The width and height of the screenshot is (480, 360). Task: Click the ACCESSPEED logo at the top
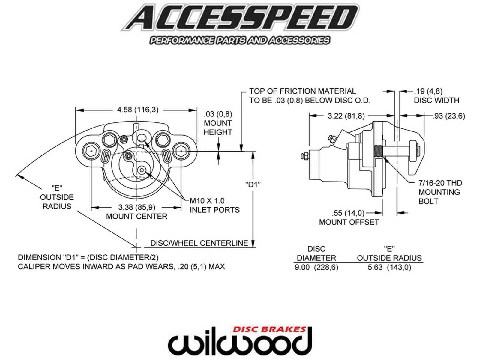(x=240, y=19)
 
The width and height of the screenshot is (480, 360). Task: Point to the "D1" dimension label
(x=253, y=184)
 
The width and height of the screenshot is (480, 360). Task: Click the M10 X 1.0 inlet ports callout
(x=214, y=205)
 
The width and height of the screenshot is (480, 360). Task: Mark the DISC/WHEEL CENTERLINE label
(x=199, y=243)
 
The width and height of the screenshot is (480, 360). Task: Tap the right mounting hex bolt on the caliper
(x=181, y=151)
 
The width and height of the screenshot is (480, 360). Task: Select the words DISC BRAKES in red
(x=269, y=329)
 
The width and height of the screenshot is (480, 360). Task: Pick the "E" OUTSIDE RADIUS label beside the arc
(x=57, y=197)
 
